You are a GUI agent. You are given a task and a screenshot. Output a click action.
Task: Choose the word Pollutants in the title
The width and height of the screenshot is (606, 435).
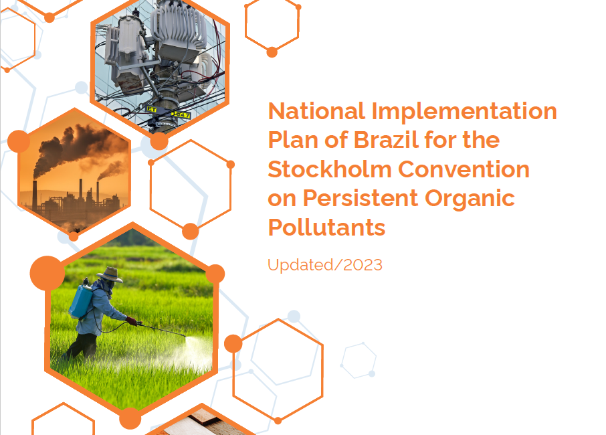pyautogui.click(x=326, y=228)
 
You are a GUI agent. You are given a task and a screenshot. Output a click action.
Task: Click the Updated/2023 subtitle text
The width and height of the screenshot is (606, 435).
pyautogui.click(x=325, y=265)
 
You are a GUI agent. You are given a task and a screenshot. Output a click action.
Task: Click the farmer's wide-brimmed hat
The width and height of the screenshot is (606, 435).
pyautogui.click(x=109, y=274)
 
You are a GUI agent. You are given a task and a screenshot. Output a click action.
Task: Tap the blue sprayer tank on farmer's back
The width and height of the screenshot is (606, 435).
pyautogui.click(x=80, y=300)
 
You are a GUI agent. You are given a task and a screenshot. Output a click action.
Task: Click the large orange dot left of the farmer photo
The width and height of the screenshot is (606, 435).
pyautogui.click(x=47, y=272)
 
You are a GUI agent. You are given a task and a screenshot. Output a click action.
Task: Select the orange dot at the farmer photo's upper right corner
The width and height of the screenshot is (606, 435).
pyautogui.click(x=215, y=273)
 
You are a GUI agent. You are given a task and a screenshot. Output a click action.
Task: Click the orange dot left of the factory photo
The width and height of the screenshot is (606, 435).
pyautogui.click(x=19, y=142)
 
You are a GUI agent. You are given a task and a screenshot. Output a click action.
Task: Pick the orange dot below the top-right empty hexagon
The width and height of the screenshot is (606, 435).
pyautogui.click(x=272, y=52)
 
